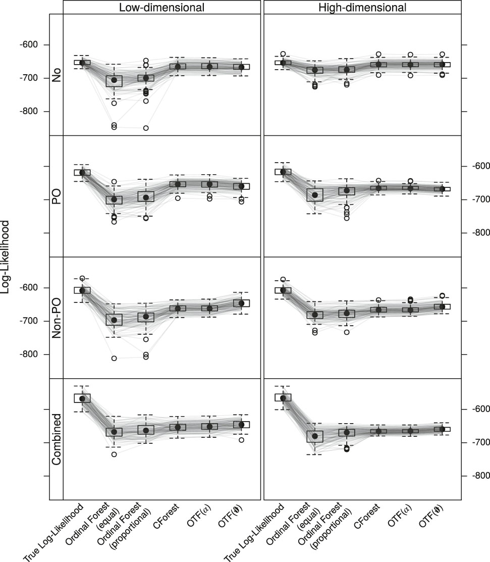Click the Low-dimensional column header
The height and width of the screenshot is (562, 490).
coord(162,7)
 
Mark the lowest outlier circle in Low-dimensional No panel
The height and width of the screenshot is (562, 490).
coord(145,128)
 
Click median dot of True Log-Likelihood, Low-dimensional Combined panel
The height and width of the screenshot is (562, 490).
coord(82,399)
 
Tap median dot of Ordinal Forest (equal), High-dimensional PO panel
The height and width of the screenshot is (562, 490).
coord(315,195)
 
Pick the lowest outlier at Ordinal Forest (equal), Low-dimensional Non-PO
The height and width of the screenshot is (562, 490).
coord(114,359)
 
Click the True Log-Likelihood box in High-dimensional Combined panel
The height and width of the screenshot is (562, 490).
coord(283,397)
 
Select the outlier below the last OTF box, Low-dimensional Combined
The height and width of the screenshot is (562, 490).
coord(241,440)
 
